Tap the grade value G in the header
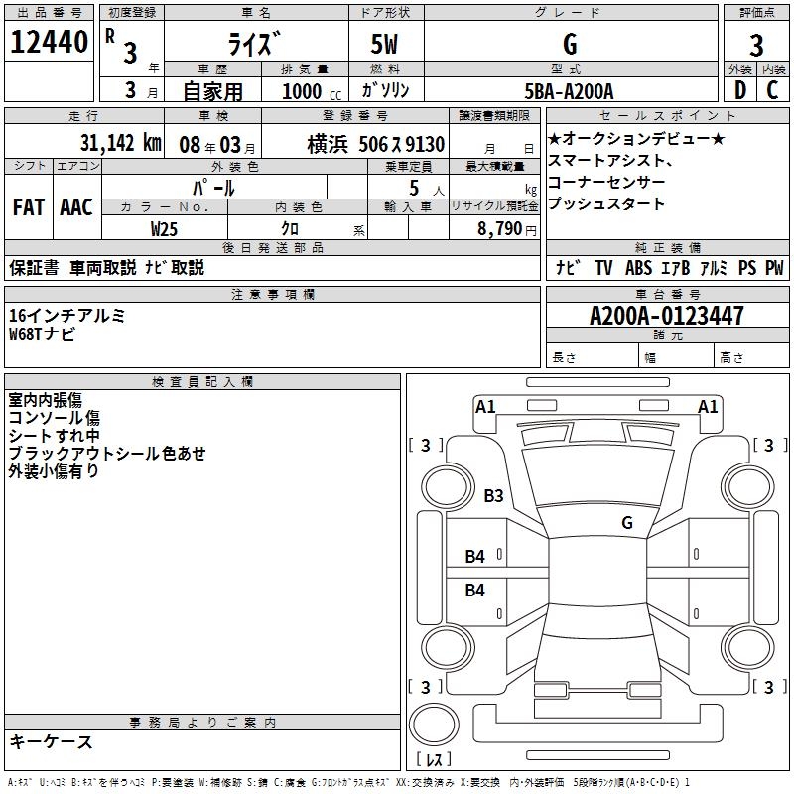pyautogui.click(x=569, y=45)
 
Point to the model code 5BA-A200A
pyautogui.click(x=569, y=91)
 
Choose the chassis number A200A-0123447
pyautogui.click(x=666, y=316)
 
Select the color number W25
pyautogui.click(x=165, y=228)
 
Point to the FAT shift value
pyautogui.click(x=29, y=207)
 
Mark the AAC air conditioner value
pyautogui.click(x=76, y=207)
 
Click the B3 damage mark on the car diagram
pyautogui.click(x=493, y=495)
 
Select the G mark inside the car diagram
pyautogui.click(x=627, y=522)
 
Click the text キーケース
pyautogui.click(x=51, y=741)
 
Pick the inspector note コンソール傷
pyautogui.click(x=54, y=418)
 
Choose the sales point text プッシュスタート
pyautogui.click(x=605, y=204)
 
